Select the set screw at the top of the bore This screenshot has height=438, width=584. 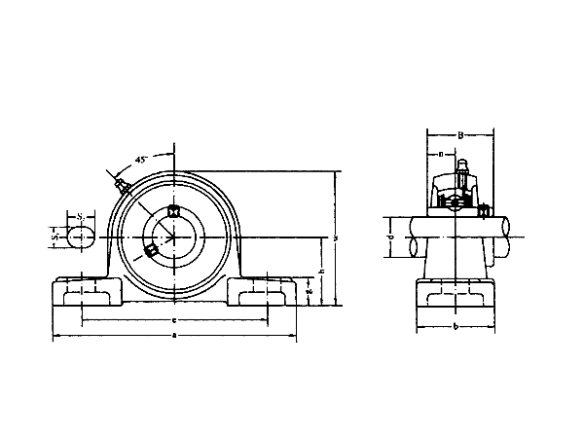point(174,211)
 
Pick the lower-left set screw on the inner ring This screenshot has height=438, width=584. point(151,251)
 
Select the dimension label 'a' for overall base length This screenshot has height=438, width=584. point(173,337)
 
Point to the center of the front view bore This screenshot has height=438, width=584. point(174,237)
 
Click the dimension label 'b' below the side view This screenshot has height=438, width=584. point(456,325)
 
